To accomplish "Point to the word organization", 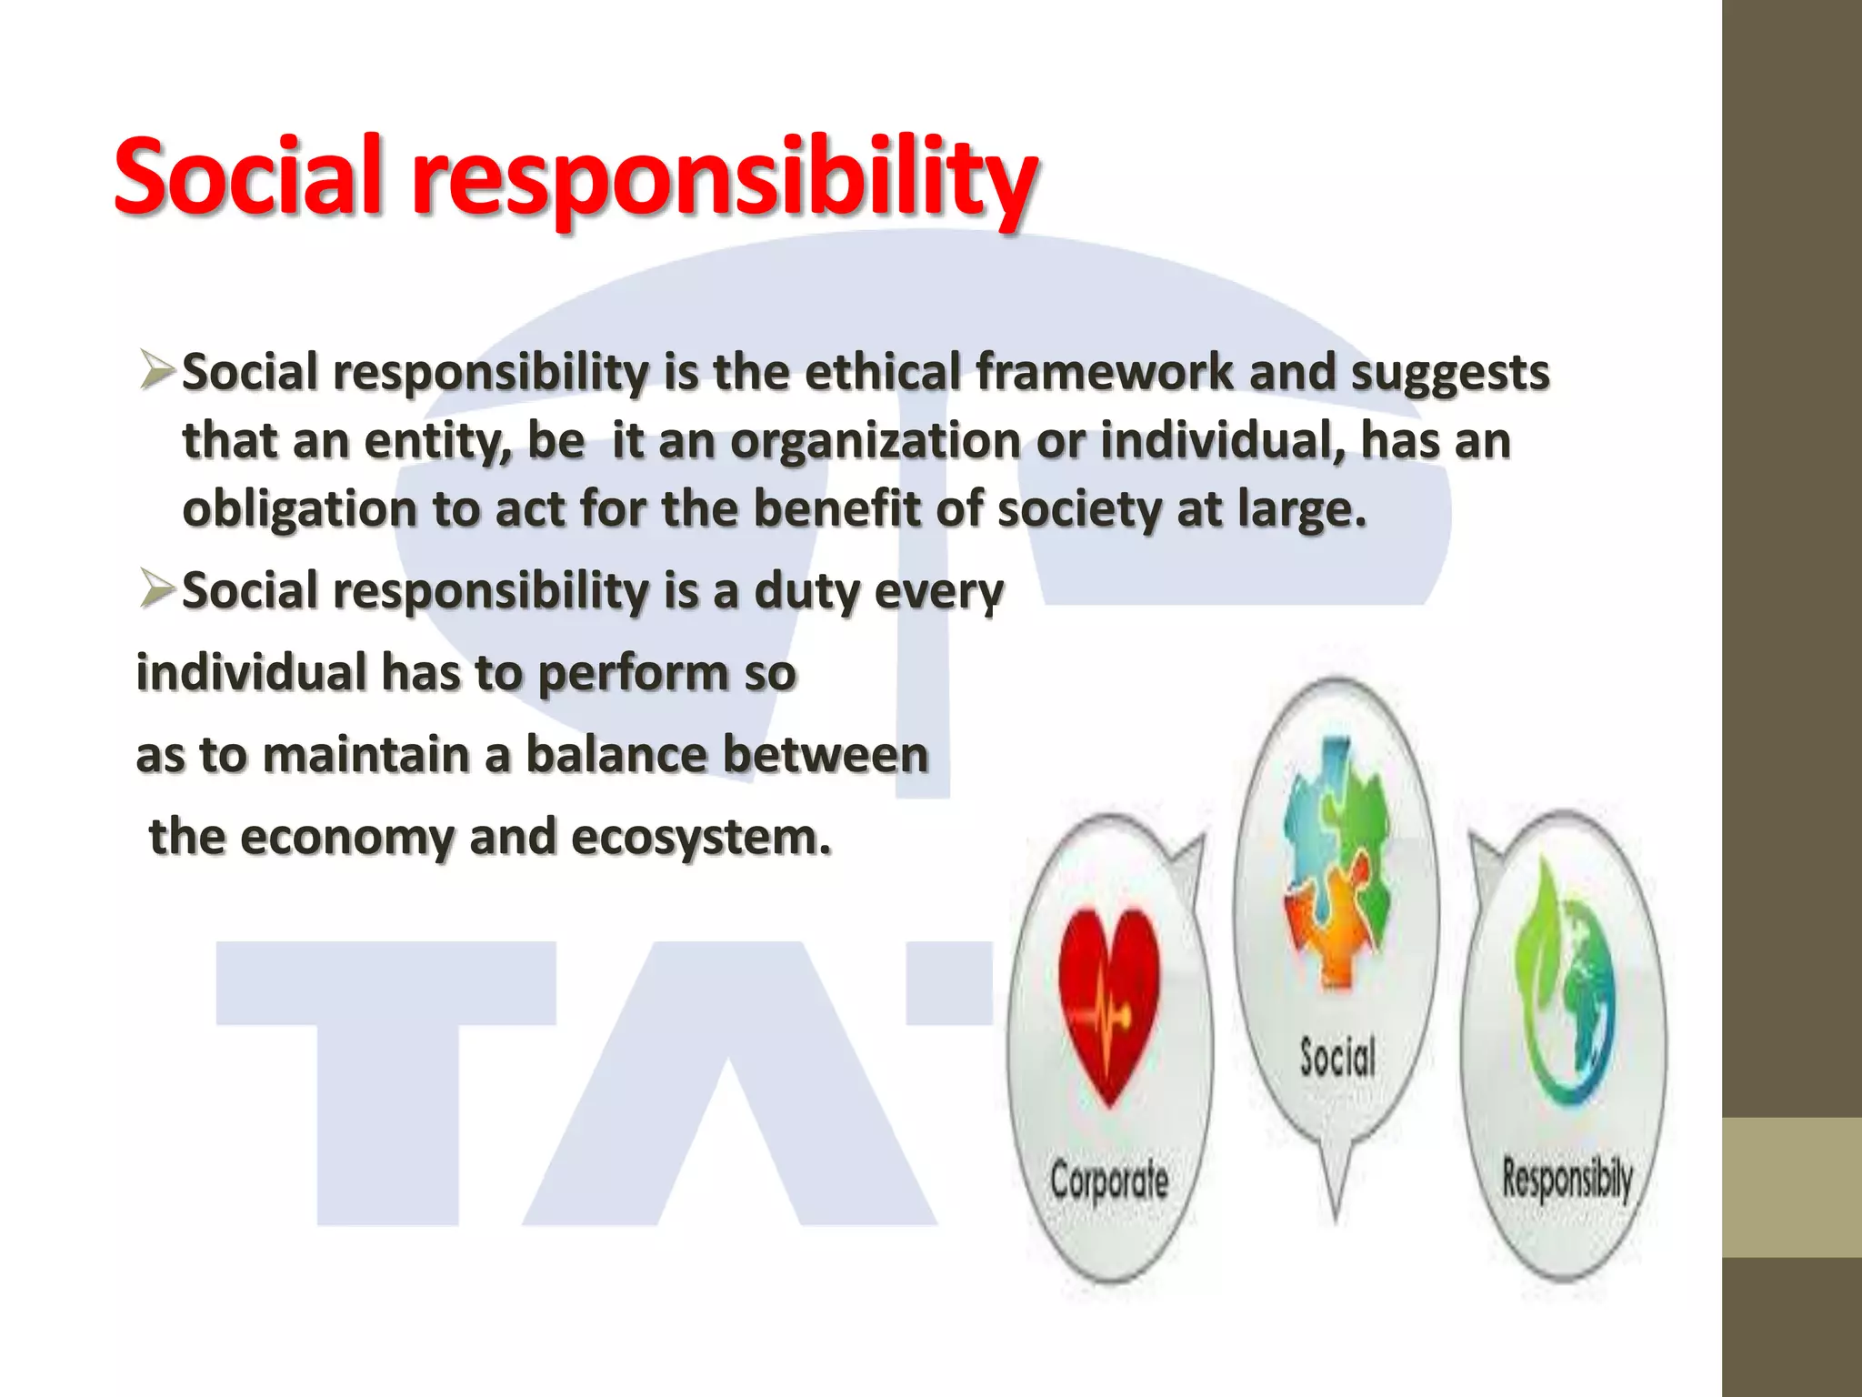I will point(876,441).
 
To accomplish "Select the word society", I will point(1078,509).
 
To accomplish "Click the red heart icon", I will point(1109,1000).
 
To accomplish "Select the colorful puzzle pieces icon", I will point(1336,864).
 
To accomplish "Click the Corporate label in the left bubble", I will point(1108,1181).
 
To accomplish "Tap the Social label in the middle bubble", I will point(1336,1058).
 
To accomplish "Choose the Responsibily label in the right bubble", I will point(1567,1179).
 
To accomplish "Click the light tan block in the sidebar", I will point(1791,1187).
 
